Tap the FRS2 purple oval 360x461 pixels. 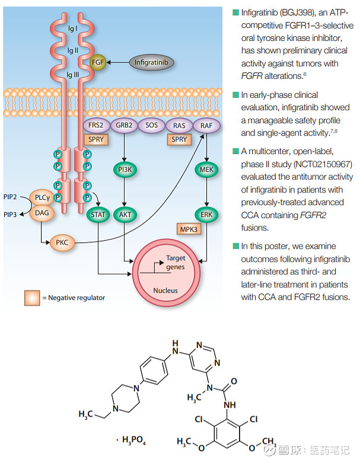(96, 126)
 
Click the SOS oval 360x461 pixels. (151, 126)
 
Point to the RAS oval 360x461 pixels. (179, 126)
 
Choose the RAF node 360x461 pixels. (206, 126)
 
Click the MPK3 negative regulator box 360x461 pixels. (191, 228)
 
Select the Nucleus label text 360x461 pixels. (165, 291)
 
